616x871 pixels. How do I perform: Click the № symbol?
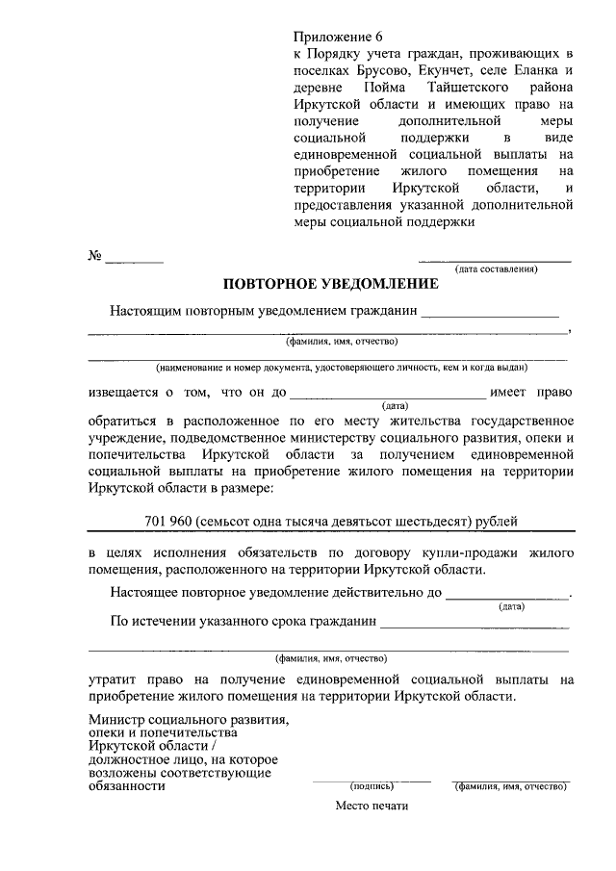point(94,256)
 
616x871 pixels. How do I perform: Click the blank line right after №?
point(135,258)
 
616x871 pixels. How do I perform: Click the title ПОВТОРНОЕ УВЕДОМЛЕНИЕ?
point(330,285)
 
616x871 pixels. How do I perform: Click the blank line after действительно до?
point(506,595)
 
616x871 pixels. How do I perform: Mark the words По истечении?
point(147,621)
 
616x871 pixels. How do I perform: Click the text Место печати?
point(372,806)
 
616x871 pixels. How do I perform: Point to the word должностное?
point(126,759)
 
